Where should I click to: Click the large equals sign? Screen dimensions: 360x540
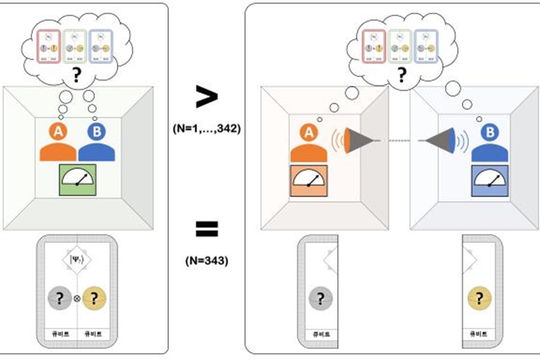(x=206, y=229)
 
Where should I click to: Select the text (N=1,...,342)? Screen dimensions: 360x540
(x=207, y=128)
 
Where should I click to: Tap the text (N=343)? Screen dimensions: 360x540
(x=207, y=260)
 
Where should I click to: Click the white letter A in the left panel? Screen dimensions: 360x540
(x=58, y=131)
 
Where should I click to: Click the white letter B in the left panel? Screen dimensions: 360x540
(x=95, y=131)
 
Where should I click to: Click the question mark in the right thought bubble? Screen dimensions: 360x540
(x=401, y=76)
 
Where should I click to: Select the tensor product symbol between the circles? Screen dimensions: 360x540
(x=77, y=298)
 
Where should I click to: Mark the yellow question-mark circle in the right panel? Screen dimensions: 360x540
(x=479, y=297)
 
